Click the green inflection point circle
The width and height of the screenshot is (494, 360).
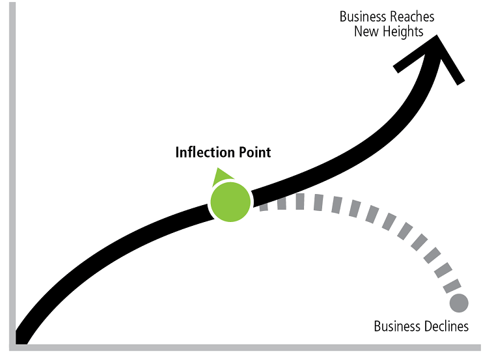[x=230, y=202]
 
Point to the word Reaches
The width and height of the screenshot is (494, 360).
[x=411, y=17]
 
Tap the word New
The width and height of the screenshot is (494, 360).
[x=366, y=31]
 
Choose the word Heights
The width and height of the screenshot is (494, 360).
[x=402, y=31]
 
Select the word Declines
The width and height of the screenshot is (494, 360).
[x=445, y=325]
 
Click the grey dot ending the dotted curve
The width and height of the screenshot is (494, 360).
[x=458, y=303]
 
